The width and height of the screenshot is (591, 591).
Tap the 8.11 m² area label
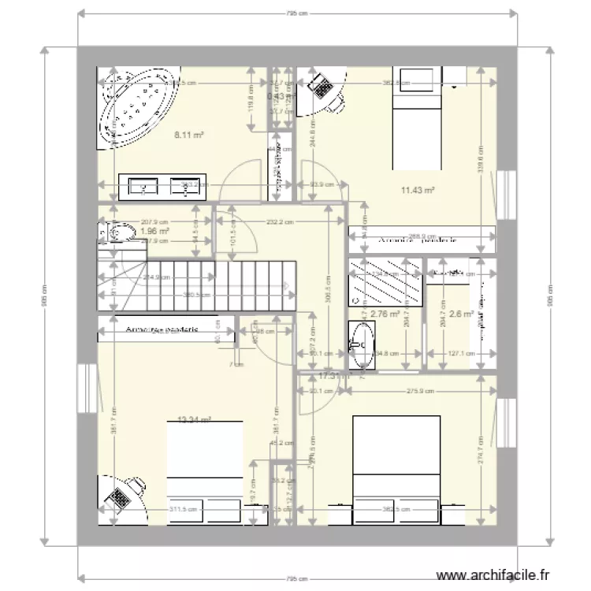coord(189,135)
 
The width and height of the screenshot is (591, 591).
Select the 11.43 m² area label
coord(418,190)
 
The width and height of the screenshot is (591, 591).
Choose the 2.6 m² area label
coord(461,314)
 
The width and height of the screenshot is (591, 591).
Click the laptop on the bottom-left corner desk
coord(121,497)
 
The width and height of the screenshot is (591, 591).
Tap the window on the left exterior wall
coord(87,387)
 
